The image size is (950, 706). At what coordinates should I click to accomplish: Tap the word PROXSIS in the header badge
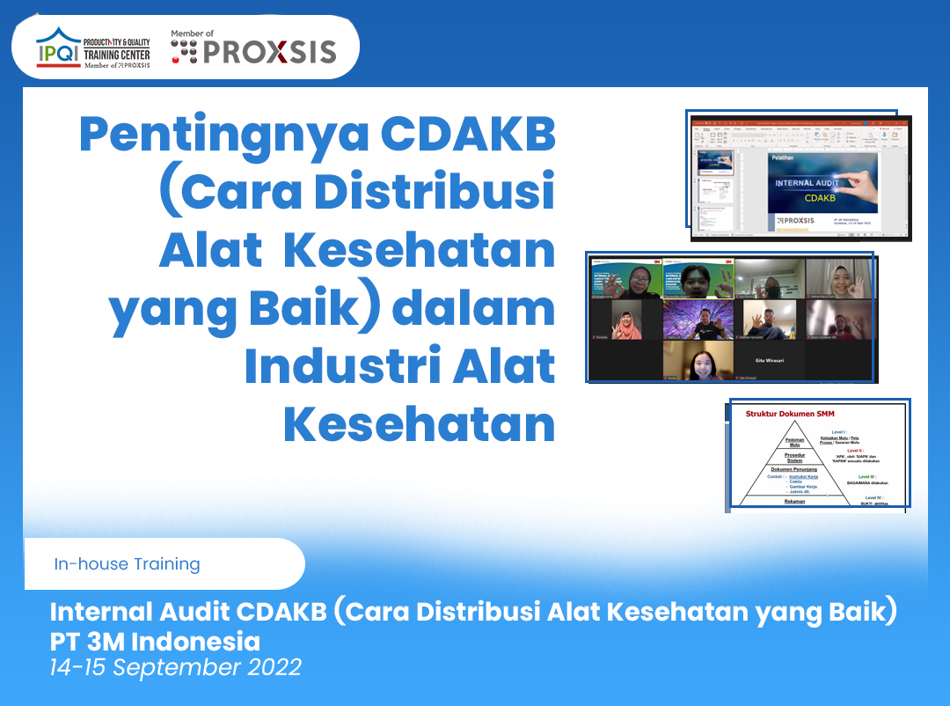[269, 52]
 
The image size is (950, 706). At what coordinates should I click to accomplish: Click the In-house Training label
[127, 563]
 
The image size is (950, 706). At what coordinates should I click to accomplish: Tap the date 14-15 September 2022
[176, 666]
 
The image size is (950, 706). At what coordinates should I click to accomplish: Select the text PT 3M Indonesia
[155, 639]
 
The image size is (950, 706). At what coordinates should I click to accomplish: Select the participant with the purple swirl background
[698, 320]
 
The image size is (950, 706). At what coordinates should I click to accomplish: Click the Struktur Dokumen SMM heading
[789, 414]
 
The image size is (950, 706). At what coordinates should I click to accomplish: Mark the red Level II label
[867, 450]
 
